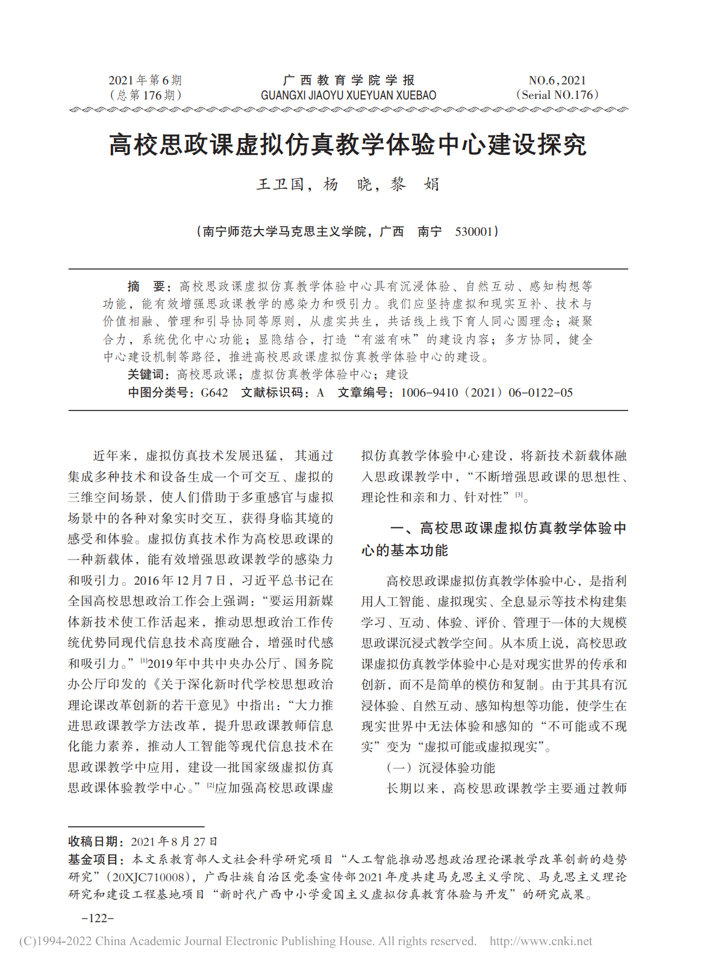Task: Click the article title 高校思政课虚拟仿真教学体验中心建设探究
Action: click(348, 145)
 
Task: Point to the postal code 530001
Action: click(474, 231)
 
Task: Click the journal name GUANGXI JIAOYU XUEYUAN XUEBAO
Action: click(348, 95)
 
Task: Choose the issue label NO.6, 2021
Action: click(557, 80)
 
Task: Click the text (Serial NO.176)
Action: click(557, 95)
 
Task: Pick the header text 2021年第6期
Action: click(145, 80)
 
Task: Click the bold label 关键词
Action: click(148, 375)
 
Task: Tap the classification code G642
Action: click(214, 393)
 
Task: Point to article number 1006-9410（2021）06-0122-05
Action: click(486, 393)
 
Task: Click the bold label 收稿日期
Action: click(95, 841)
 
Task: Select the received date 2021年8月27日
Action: click(174, 841)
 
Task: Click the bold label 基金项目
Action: click(95, 860)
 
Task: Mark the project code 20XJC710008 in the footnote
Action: click(149, 877)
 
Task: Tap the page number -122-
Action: click(98, 918)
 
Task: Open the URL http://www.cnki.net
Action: click(540, 941)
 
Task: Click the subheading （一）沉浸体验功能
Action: click(440, 768)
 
